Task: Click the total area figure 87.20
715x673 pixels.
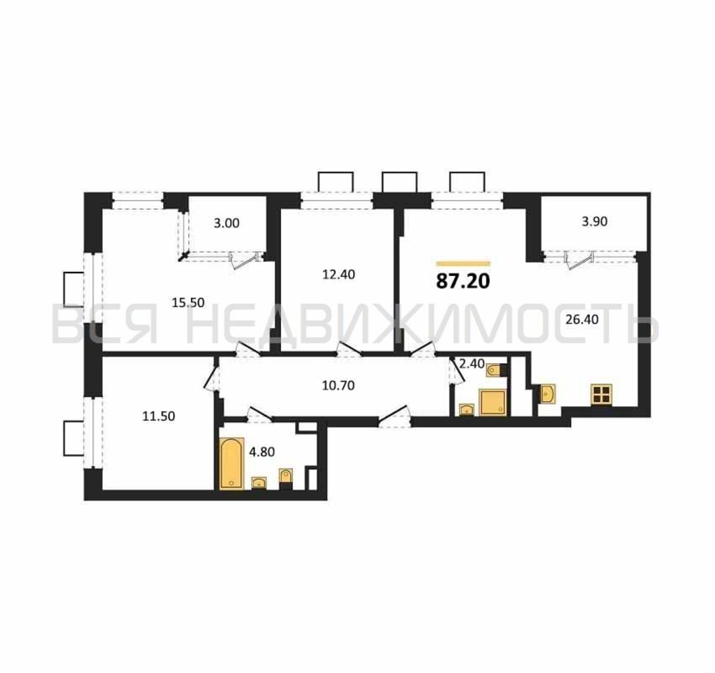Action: tap(463, 281)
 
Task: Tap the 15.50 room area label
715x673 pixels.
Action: tap(188, 303)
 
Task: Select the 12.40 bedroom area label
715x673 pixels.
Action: tap(338, 275)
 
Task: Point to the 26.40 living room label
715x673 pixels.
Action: tap(582, 319)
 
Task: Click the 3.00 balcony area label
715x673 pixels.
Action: tap(226, 223)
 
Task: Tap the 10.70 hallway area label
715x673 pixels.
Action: tap(338, 386)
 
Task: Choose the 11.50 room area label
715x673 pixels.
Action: tap(158, 417)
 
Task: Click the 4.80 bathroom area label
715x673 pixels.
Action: tap(262, 452)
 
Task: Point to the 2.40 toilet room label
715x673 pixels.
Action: tap(472, 364)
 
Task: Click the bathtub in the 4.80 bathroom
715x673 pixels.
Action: tap(231, 464)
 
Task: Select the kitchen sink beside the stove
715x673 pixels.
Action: tap(548, 393)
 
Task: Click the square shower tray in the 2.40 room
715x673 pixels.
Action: tap(492, 402)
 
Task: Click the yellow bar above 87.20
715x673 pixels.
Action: tap(463, 264)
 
